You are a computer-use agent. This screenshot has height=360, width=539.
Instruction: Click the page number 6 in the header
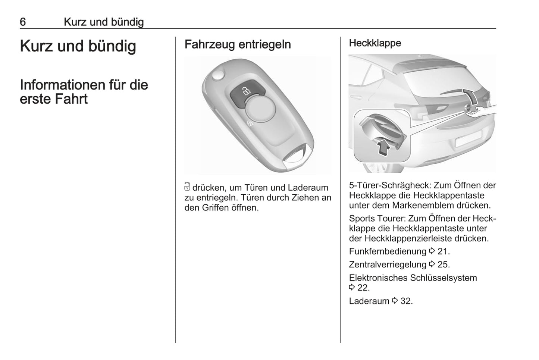click(23, 22)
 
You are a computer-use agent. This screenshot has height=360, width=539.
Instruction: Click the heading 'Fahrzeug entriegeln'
click(238, 44)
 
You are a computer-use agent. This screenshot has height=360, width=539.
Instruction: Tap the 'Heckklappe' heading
click(375, 43)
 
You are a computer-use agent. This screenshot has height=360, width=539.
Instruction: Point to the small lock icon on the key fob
click(250, 123)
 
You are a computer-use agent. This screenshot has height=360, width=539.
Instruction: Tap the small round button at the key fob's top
click(218, 75)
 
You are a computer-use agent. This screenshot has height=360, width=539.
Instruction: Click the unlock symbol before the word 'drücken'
click(187, 187)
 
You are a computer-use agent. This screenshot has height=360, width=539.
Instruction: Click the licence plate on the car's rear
click(468, 138)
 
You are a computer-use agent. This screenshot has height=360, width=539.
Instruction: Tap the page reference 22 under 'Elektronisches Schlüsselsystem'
click(363, 288)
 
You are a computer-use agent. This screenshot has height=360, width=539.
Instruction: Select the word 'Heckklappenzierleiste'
click(408, 238)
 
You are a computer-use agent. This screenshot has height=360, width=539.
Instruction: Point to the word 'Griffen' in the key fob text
click(215, 207)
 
